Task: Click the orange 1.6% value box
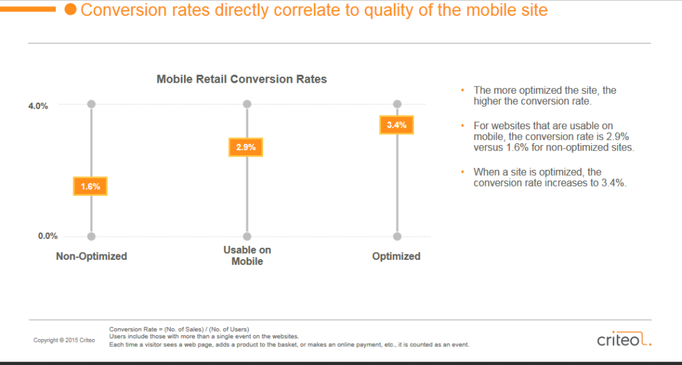tap(91, 186)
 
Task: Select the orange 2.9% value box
tap(246, 147)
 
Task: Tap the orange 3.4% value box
tap(396, 125)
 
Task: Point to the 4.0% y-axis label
tap(38, 105)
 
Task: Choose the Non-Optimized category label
tap(91, 256)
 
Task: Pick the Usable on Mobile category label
tap(247, 256)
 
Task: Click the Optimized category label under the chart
tap(396, 256)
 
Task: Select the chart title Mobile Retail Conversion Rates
tap(242, 79)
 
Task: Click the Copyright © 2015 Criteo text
tap(64, 340)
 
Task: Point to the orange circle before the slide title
tap(69, 10)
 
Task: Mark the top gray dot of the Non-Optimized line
tap(91, 104)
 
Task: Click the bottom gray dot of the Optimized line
tap(398, 236)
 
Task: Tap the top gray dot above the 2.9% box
tap(247, 104)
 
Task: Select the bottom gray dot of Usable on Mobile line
tap(247, 236)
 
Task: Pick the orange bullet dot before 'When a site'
tap(463, 172)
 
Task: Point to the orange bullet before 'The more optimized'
tap(463, 90)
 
